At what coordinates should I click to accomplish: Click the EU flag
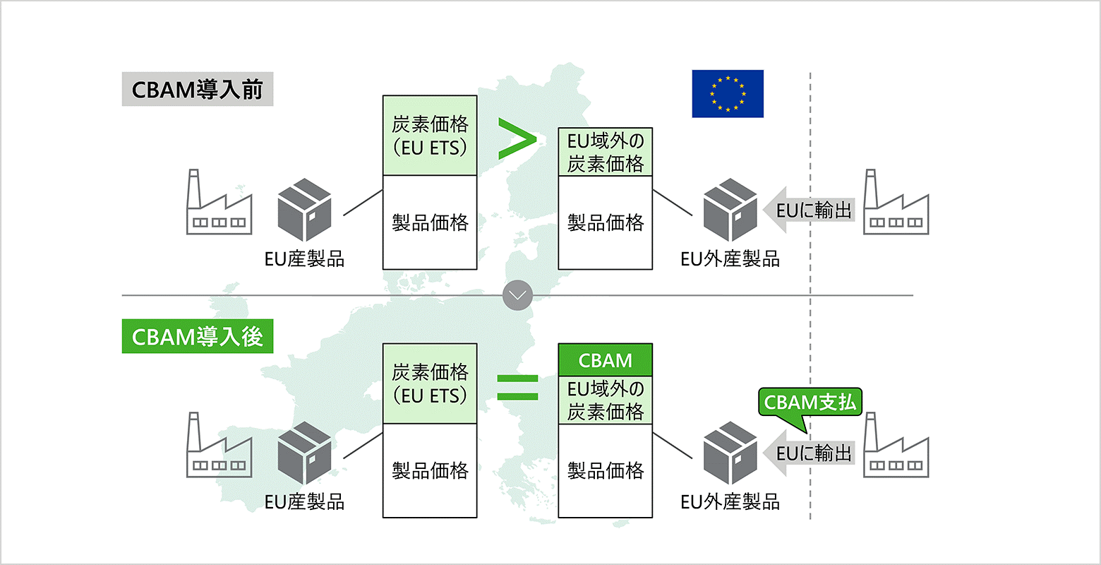coord(728,93)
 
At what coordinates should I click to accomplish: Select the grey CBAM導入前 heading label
coord(197,90)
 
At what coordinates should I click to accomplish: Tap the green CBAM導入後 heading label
coord(197,337)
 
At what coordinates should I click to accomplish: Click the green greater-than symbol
coord(516,138)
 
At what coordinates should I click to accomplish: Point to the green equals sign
coord(517,387)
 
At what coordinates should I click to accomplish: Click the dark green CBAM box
coord(605,360)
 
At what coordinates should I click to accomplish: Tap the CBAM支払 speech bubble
coord(810,403)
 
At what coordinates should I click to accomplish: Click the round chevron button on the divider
coord(517,295)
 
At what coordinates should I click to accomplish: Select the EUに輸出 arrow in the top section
coord(809,210)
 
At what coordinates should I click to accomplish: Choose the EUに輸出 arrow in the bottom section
coord(809,453)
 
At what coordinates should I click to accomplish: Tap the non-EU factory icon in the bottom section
coord(896,446)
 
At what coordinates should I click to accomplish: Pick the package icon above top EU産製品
coord(304,210)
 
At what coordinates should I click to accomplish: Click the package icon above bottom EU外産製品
coord(730,453)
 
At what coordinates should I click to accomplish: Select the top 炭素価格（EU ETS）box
coord(430,136)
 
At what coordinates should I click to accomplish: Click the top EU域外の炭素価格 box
coord(605,153)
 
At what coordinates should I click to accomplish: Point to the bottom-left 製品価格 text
coord(430,470)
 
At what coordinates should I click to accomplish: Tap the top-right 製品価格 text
coord(605,223)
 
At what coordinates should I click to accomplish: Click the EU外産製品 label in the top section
coord(730,259)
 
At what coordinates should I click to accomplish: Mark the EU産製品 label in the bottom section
coord(304,502)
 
